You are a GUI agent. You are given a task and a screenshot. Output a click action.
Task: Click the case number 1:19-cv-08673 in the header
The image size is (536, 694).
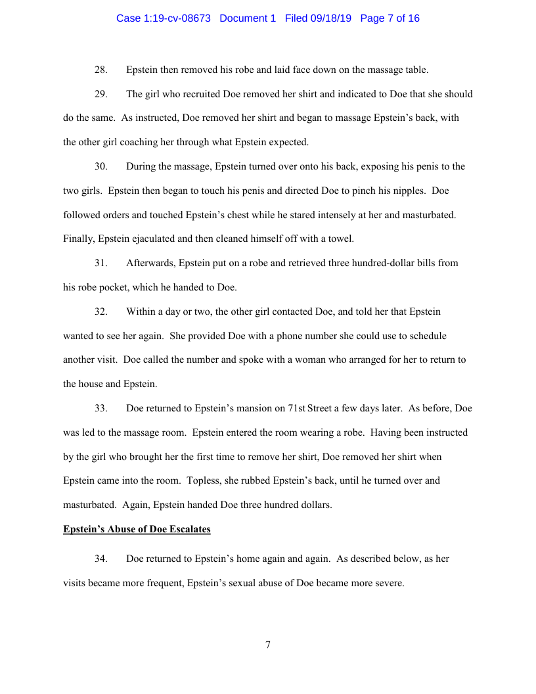pyautogui.click(x=163, y=18)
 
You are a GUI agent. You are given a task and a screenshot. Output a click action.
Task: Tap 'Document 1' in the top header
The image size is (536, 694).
pyautogui.click(x=248, y=18)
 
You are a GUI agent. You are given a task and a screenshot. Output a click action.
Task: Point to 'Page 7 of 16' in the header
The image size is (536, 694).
pyautogui.click(x=390, y=18)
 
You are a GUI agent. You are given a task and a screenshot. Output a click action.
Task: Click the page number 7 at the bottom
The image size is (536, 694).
pyautogui.click(x=268, y=645)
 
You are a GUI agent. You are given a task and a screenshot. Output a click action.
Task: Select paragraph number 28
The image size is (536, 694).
pyautogui.click(x=101, y=70)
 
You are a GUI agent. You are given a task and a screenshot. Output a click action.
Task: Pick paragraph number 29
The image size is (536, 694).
pyautogui.click(x=101, y=94)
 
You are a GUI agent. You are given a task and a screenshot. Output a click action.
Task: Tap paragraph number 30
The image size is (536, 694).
pyautogui.click(x=101, y=166)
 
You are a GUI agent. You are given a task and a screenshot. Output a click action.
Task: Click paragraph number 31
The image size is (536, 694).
pyautogui.click(x=101, y=263)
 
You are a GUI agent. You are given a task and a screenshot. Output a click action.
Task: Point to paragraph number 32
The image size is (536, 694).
pyautogui.click(x=101, y=312)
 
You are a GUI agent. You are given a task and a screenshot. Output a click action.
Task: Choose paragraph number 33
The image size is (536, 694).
pyautogui.click(x=101, y=408)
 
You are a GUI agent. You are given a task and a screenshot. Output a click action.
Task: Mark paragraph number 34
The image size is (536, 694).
pyautogui.click(x=101, y=559)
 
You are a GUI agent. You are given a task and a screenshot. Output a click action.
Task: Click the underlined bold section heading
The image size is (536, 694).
pyautogui.click(x=137, y=529)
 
